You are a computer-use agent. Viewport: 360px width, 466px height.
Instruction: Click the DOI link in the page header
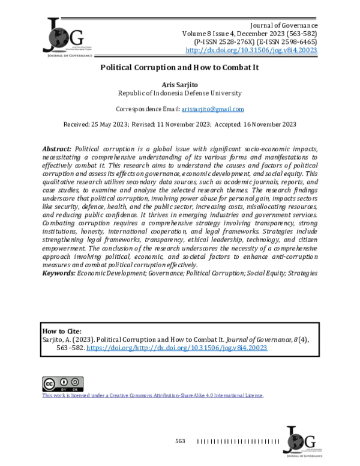click(251, 51)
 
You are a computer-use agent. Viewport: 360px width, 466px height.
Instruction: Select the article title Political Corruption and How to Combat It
click(179, 68)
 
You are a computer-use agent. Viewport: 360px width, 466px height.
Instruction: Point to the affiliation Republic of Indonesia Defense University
click(179, 94)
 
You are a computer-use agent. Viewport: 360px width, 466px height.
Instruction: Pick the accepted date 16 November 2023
click(255, 124)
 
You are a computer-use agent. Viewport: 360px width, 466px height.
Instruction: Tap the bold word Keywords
click(58, 273)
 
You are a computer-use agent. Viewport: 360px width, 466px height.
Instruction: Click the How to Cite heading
click(62, 331)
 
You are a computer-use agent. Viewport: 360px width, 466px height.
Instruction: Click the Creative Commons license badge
click(62, 384)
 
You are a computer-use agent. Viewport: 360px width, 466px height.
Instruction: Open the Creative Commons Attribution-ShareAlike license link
click(152, 395)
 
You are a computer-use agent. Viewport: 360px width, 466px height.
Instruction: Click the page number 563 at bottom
click(180, 441)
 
